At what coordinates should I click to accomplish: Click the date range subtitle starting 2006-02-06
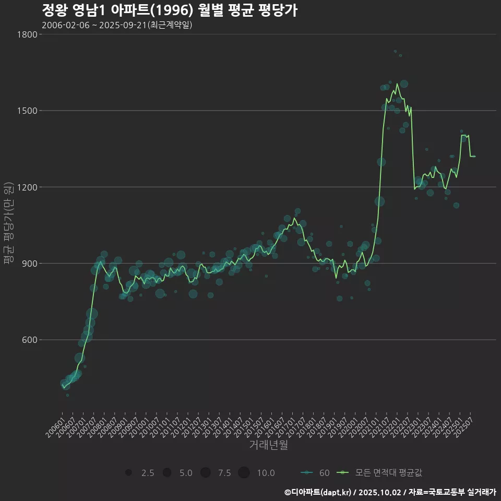click(x=117, y=25)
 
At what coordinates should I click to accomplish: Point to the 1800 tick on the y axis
click(x=28, y=34)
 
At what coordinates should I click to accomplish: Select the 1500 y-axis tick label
click(x=28, y=111)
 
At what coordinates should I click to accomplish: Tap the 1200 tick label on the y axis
click(x=28, y=187)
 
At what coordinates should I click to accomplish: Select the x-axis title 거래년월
click(x=268, y=445)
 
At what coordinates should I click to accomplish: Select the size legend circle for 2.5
click(x=128, y=473)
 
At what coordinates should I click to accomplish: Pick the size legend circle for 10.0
click(x=244, y=473)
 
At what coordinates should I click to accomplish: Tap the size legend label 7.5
click(x=224, y=473)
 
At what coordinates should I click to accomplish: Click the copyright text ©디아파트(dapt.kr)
click(x=318, y=492)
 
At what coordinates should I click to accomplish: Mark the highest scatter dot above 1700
click(x=395, y=51)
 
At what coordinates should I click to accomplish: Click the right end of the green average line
click(x=474, y=156)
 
